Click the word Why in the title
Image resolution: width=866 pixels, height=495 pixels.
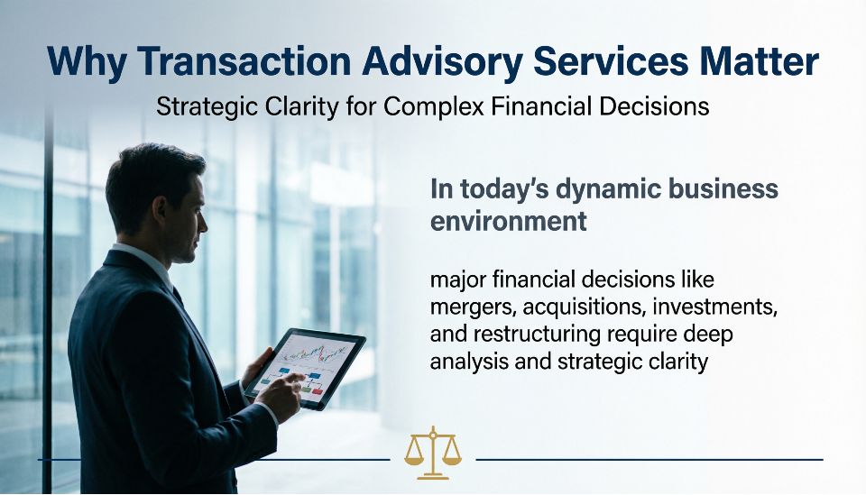coord(88,62)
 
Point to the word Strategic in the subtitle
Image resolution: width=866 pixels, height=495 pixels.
coord(207,106)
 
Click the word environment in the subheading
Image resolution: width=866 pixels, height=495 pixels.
coord(508,221)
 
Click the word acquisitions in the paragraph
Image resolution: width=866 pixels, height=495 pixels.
coord(584,307)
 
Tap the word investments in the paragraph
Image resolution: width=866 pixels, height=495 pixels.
coord(714,307)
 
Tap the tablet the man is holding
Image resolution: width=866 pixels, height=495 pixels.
coord(305,369)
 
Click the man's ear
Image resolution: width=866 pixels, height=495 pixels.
coord(161,209)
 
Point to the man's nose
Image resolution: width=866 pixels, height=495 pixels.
coord(203,223)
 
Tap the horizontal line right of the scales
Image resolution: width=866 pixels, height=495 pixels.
coord(649,459)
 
